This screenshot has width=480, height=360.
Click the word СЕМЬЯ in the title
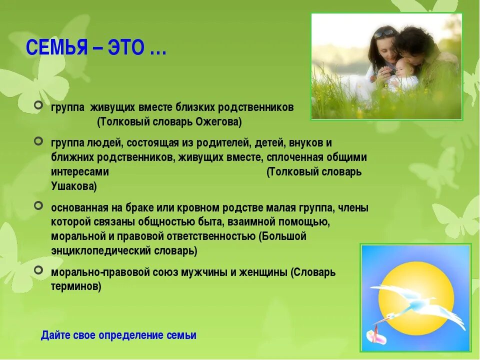pos(57,47)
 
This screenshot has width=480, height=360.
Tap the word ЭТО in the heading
pos(126,47)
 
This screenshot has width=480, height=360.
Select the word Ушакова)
pos(74,186)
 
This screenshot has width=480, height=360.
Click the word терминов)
pos(76,286)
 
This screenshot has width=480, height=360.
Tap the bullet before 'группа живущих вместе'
pos(38,105)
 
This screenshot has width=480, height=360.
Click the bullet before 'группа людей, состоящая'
pos(38,141)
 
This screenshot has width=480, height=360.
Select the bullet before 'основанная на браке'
pos(38,205)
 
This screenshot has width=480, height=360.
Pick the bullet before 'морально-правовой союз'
pos(38,270)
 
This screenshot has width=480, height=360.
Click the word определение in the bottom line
pos(131,335)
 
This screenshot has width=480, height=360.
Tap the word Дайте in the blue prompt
pos(54,335)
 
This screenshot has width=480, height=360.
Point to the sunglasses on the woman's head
pos(382,33)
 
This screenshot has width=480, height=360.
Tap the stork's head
pos(390,316)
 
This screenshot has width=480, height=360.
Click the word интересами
pos(80,171)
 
